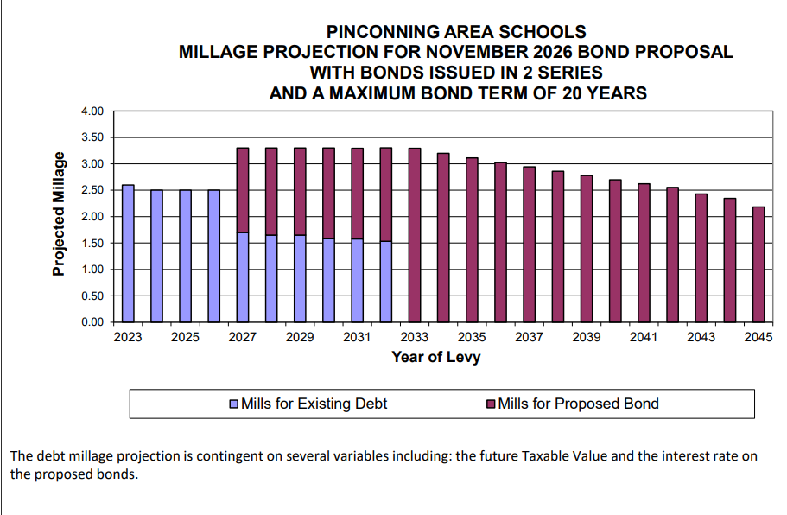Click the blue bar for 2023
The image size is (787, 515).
point(128,253)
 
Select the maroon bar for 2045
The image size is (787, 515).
point(758,264)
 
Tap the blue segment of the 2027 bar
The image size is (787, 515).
point(243,277)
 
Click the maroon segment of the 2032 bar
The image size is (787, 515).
point(386,194)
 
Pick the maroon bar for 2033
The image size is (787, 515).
point(415,235)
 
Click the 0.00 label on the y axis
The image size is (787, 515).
point(92,321)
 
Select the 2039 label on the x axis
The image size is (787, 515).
point(587,337)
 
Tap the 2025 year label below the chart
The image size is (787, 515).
point(185,337)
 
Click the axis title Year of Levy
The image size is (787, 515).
point(436,357)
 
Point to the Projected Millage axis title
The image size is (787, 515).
point(59,213)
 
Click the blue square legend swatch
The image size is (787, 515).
point(234,404)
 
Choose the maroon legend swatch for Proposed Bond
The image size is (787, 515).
point(491,404)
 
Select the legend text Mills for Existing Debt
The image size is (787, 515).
point(314,404)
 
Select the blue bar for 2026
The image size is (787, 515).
point(214,256)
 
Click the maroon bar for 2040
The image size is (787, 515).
point(615,251)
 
